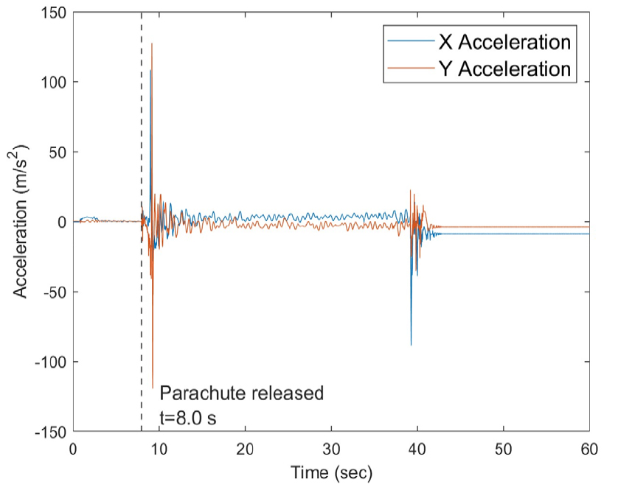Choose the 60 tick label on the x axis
(x=589, y=449)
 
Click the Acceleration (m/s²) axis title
(x=23, y=222)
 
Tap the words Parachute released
(x=242, y=393)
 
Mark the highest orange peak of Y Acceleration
(x=152, y=43)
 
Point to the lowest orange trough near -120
(x=153, y=388)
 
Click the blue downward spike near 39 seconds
(x=411, y=345)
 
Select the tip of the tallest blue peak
(x=150, y=71)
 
